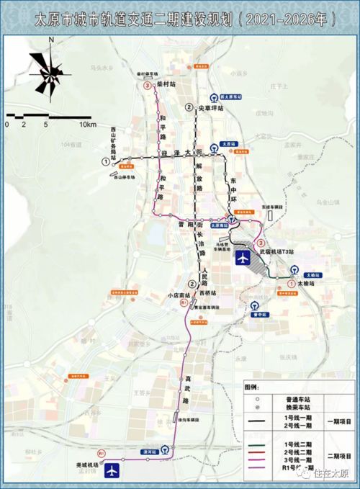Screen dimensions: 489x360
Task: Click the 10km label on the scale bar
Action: coord(88,125)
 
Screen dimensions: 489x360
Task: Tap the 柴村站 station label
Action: coord(166,84)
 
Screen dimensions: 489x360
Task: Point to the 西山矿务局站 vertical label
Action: coord(114,143)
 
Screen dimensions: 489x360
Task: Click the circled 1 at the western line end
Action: coord(107,163)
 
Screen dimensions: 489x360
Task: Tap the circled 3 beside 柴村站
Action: coord(148,86)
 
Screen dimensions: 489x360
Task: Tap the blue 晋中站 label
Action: coord(259,315)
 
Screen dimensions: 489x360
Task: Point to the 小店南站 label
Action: coord(176,295)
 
